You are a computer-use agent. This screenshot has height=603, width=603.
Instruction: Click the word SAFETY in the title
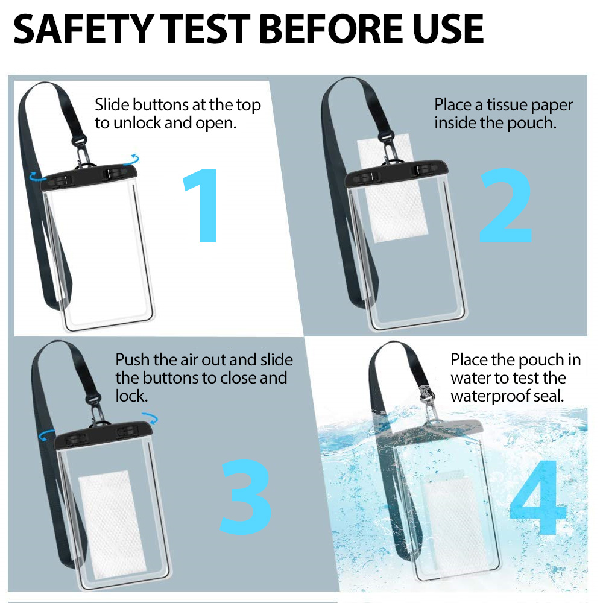(84, 29)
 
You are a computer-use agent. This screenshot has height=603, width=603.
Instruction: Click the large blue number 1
(201, 206)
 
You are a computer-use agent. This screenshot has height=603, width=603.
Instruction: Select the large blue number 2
(506, 205)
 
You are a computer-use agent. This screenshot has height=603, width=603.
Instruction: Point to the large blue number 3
(246, 496)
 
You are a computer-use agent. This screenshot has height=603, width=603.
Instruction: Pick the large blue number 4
(538, 497)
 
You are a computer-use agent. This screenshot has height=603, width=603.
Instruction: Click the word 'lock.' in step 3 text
(131, 396)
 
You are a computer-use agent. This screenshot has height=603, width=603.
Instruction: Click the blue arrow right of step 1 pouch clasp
(131, 159)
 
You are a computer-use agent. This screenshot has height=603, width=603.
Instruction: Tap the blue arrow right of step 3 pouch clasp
(150, 418)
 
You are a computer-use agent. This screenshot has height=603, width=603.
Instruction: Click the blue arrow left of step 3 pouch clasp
(46, 436)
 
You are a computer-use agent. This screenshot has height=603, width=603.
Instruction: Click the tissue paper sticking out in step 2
(393, 188)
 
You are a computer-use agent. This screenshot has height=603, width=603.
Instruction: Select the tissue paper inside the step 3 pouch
(112, 524)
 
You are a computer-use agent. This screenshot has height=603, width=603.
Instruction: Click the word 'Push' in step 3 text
(132, 361)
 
